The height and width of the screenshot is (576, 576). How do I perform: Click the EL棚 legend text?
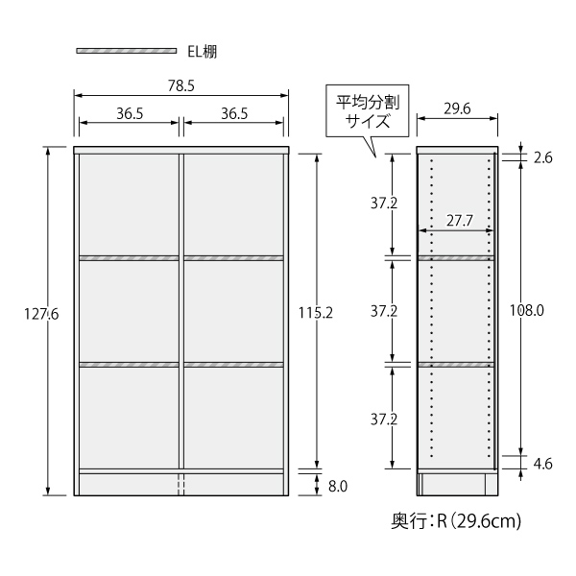coord(203,51)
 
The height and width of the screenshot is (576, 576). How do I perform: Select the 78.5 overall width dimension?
coord(181,85)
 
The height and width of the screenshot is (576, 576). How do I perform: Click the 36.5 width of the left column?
coord(130,112)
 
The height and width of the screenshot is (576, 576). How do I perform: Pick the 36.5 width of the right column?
coord(234,112)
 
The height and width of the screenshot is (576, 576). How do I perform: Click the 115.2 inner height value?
coord(314,311)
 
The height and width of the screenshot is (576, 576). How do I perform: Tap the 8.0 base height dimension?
coord(338,486)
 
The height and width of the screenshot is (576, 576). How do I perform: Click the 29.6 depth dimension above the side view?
coord(457,108)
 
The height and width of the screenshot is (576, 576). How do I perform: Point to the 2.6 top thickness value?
coord(542,158)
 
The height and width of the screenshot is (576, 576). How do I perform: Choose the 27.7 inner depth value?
coord(459,220)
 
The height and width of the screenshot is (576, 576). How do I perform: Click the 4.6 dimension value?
coord(542,465)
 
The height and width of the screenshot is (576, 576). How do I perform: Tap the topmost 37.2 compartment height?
coord(385,204)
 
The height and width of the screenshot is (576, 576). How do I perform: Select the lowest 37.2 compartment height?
coord(385,419)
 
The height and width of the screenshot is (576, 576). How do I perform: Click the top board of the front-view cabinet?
coord(181,151)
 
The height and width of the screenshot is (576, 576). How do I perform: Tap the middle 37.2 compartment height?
coord(385,311)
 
